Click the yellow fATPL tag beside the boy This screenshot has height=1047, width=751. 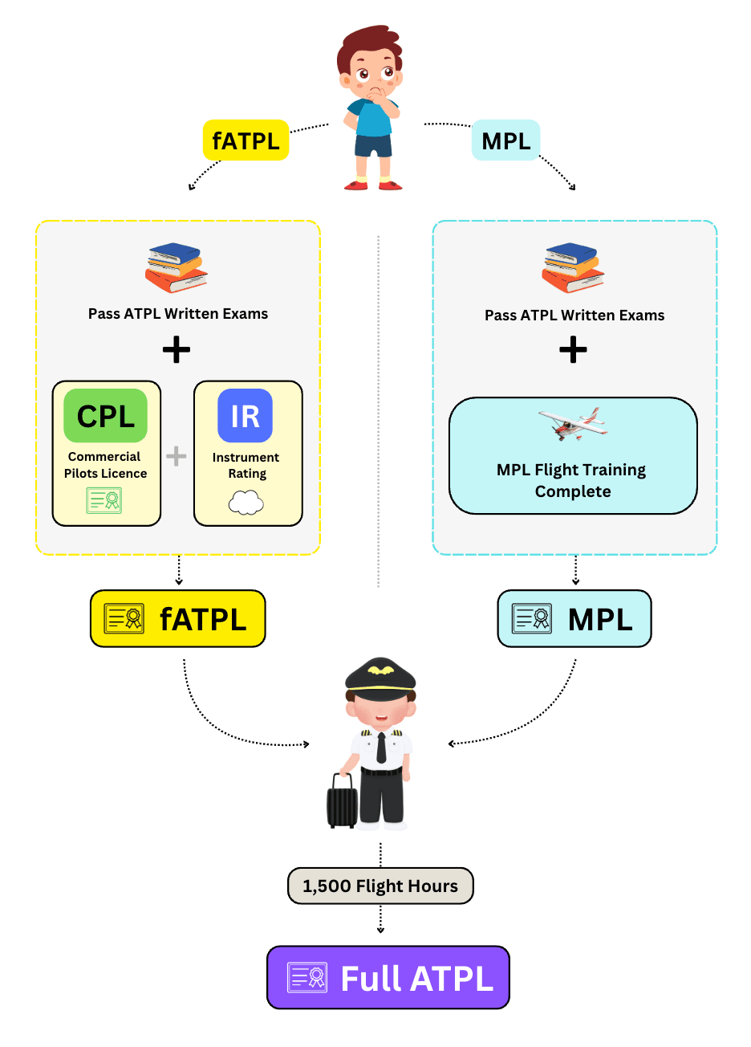[246, 141]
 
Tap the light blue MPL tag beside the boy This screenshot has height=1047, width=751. [505, 141]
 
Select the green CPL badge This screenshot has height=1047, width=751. [106, 416]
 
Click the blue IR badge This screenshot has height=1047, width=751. [246, 416]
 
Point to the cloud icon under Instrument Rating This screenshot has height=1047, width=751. [246, 503]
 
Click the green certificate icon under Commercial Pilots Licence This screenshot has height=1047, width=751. [104, 500]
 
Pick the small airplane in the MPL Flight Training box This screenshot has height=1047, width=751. [573, 423]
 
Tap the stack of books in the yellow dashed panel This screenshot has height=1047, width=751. [177, 268]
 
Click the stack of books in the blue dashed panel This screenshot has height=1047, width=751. [573, 268]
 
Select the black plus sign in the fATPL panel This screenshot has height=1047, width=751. [177, 350]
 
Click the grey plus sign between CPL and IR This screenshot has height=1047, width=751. [177, 456]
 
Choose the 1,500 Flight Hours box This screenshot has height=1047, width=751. [380, 886]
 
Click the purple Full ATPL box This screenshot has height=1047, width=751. [388, 977]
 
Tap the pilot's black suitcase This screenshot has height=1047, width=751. [342, 801]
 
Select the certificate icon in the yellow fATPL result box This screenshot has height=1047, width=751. [124, 619]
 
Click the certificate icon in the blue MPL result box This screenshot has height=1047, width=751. [533, 619]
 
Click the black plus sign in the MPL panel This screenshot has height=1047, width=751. [573, 350]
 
